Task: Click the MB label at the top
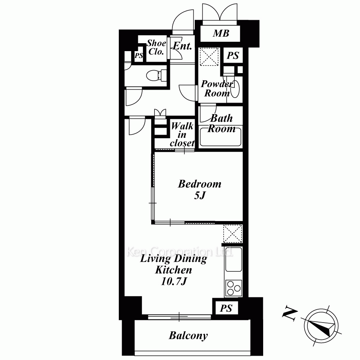tap(221, 33)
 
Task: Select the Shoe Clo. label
tap(156, 47)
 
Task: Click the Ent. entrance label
tap(182, 46)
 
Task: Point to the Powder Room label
tap(217, 89)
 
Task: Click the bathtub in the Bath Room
tap(220, 137)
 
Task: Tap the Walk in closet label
tap(182, 134)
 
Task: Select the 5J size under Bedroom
tap(200, 195)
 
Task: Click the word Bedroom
tap(199, 184)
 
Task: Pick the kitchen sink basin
tap(234, 259)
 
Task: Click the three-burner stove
tap(234, 288)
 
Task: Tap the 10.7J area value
tap(174, 282)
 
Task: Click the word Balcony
tap(188, 336)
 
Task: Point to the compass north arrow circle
tap(321, 326)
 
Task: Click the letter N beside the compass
tap(290, 313)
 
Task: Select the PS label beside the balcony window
tap(226, 309)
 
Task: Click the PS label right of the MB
tap(233, 55)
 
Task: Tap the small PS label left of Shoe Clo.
tap(139, 55)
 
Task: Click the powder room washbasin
tap(235, 89)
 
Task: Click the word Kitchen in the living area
tap(174, 270)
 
